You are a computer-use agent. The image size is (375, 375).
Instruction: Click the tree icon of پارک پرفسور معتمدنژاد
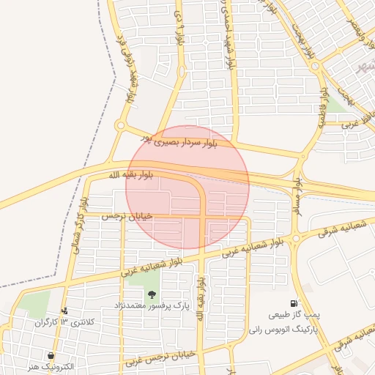152,294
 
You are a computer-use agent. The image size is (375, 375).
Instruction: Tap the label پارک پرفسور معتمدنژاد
152,304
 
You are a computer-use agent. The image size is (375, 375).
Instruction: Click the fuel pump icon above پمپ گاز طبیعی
294,303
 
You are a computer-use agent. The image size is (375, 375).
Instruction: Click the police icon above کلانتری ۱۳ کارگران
65,311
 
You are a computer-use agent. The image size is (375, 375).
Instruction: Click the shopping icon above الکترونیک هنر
50,355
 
